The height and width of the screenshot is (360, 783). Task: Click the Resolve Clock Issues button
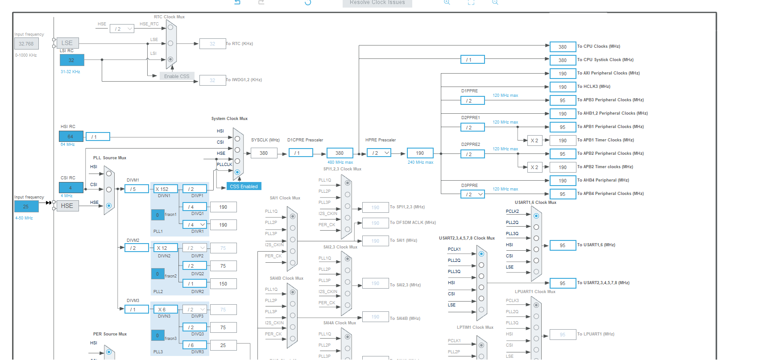[377, 3]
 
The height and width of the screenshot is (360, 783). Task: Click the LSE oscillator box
[67, 43]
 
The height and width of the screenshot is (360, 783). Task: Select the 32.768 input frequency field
[26, 44]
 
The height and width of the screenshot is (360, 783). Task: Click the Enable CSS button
[177, 76]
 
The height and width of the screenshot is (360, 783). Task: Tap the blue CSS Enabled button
[244, 186]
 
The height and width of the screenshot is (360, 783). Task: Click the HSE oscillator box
[67, 206]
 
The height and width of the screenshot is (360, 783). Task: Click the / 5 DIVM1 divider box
[136, 189]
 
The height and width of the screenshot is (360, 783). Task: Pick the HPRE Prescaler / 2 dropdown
[379, 153]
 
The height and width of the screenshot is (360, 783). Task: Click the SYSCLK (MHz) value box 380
[264, 153]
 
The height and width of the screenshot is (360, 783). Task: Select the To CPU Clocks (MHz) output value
[563, 47]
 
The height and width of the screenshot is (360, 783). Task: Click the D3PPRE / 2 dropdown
[472, 194]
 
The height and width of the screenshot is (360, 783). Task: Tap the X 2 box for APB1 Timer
[534, 141]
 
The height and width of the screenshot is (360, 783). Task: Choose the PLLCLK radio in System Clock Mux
[237, 172]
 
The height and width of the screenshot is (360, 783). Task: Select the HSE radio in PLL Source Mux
[108, 206]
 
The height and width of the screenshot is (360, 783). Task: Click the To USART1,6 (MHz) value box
[563, 245]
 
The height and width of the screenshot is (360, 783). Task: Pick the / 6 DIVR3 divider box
[195, 345]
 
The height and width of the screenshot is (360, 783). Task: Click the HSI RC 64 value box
[70, 137]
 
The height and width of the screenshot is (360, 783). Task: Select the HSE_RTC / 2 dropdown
[122, 29]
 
